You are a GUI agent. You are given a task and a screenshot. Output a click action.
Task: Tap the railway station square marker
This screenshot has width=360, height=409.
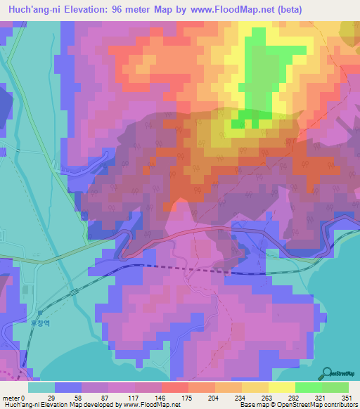click(41, 311)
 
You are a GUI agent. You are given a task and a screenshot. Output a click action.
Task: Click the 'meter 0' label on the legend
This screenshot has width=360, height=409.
click(15, 397)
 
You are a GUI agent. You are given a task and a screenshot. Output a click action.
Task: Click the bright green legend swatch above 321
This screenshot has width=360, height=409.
click(309, 387)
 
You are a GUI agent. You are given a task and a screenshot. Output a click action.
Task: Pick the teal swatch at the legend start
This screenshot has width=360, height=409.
click(41, 387)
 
